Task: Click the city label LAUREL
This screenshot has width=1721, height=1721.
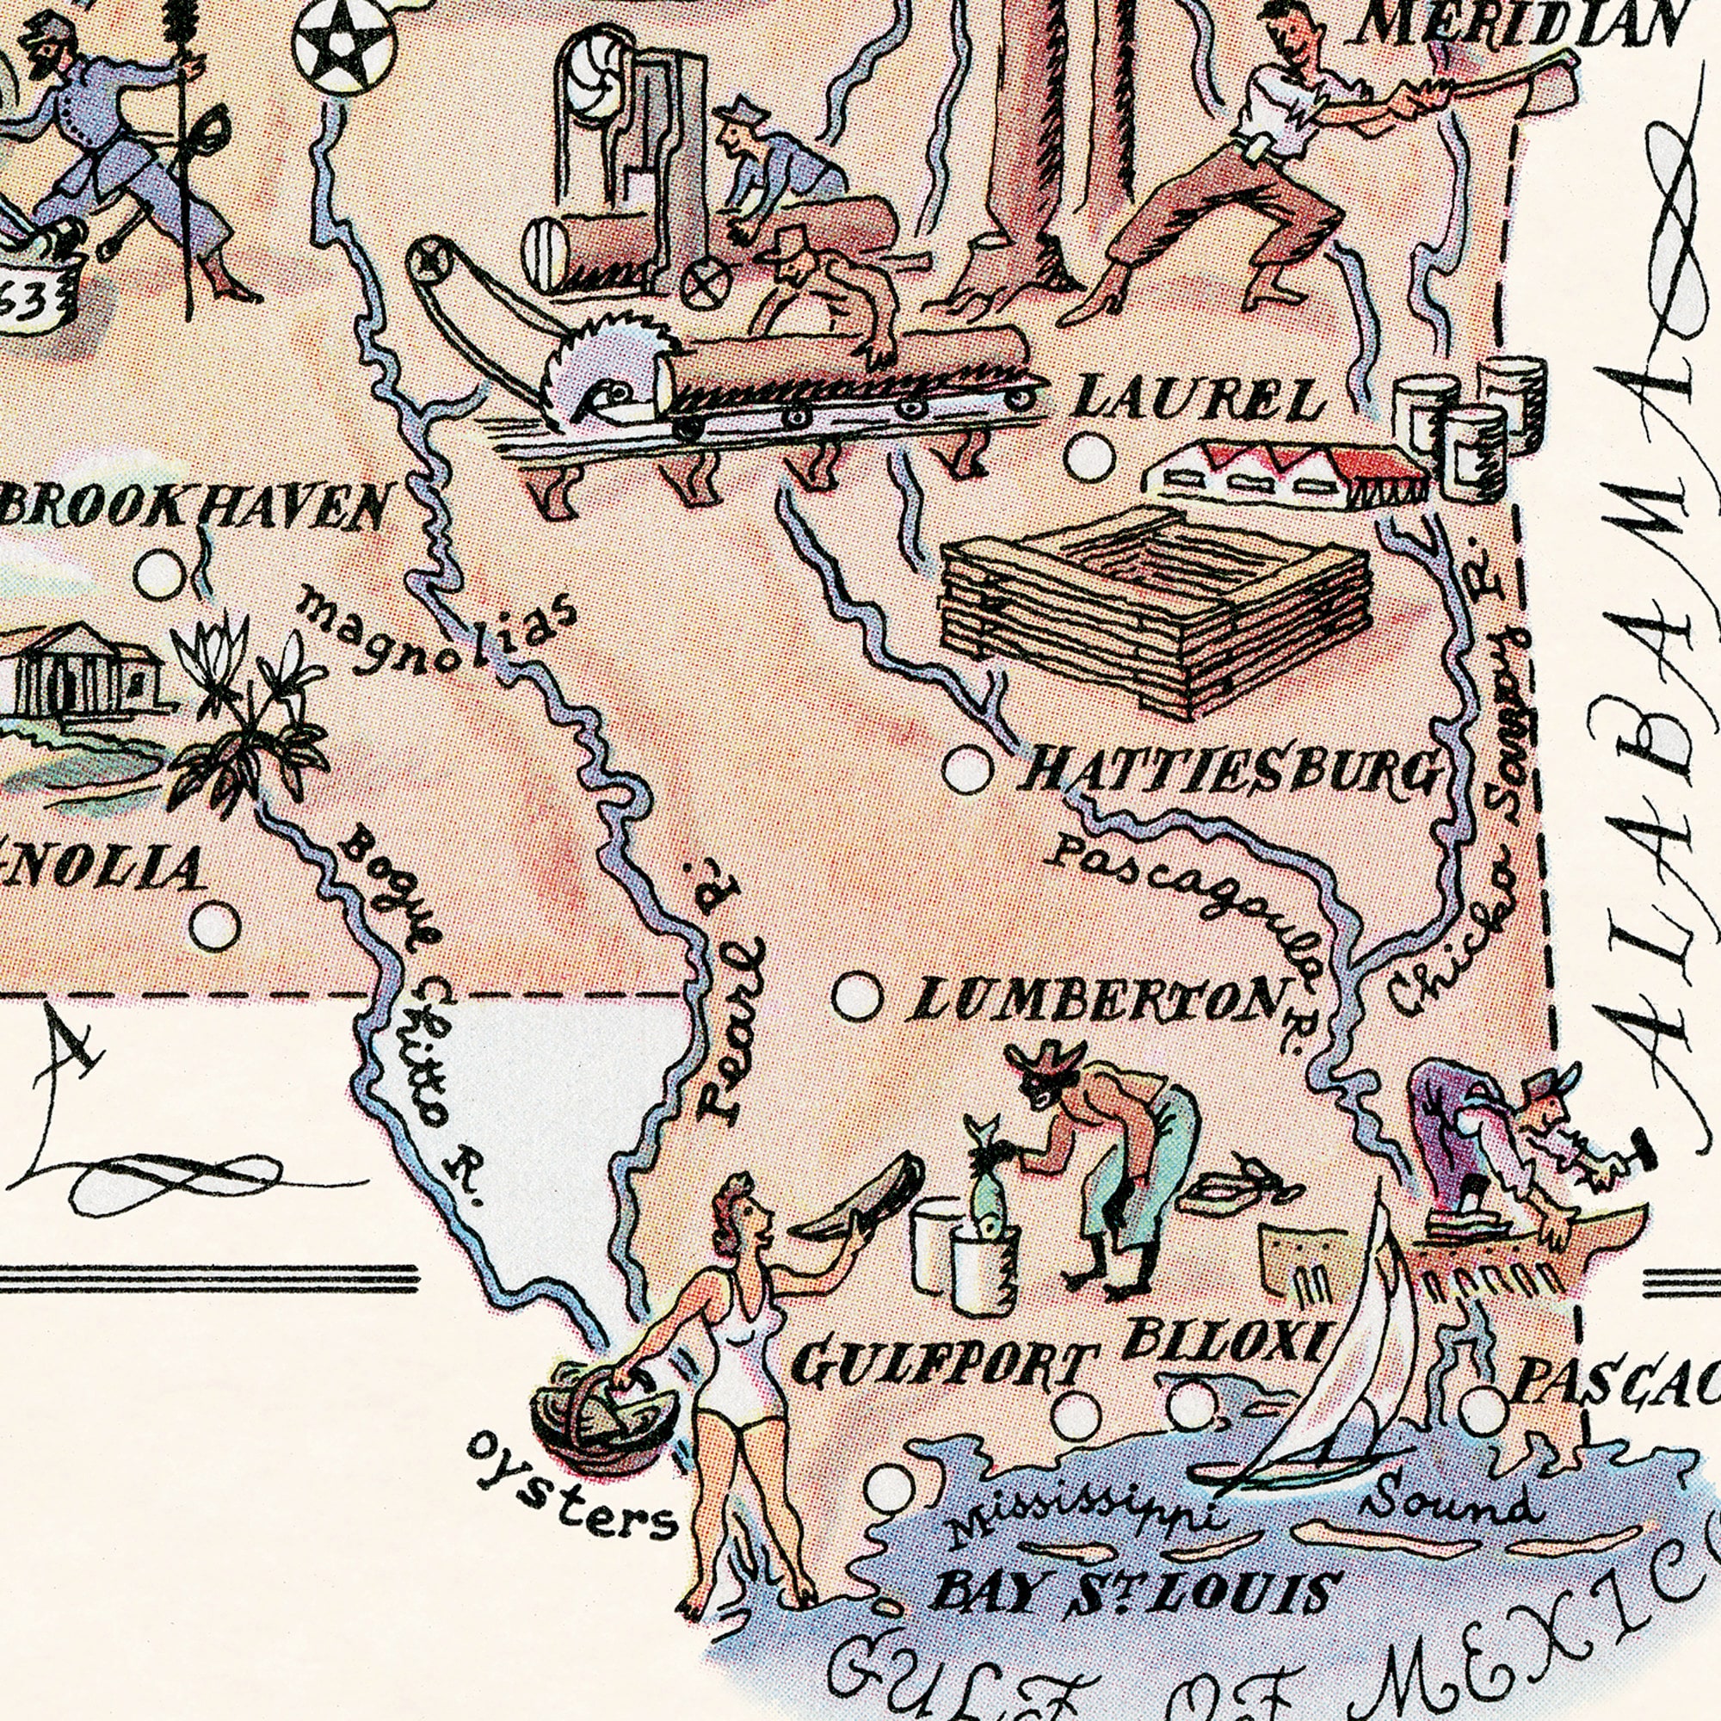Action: (1198, 400)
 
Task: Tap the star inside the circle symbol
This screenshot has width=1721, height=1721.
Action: (345, 46)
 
